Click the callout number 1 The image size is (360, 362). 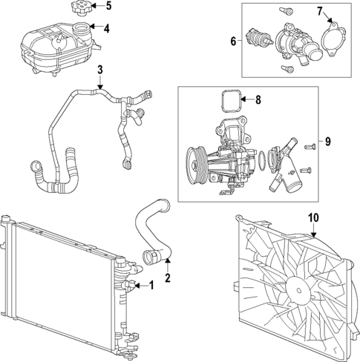point(151,285)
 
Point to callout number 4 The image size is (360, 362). point(107,29)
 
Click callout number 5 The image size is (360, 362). point(108,7)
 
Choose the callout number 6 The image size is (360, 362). point(233,41)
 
